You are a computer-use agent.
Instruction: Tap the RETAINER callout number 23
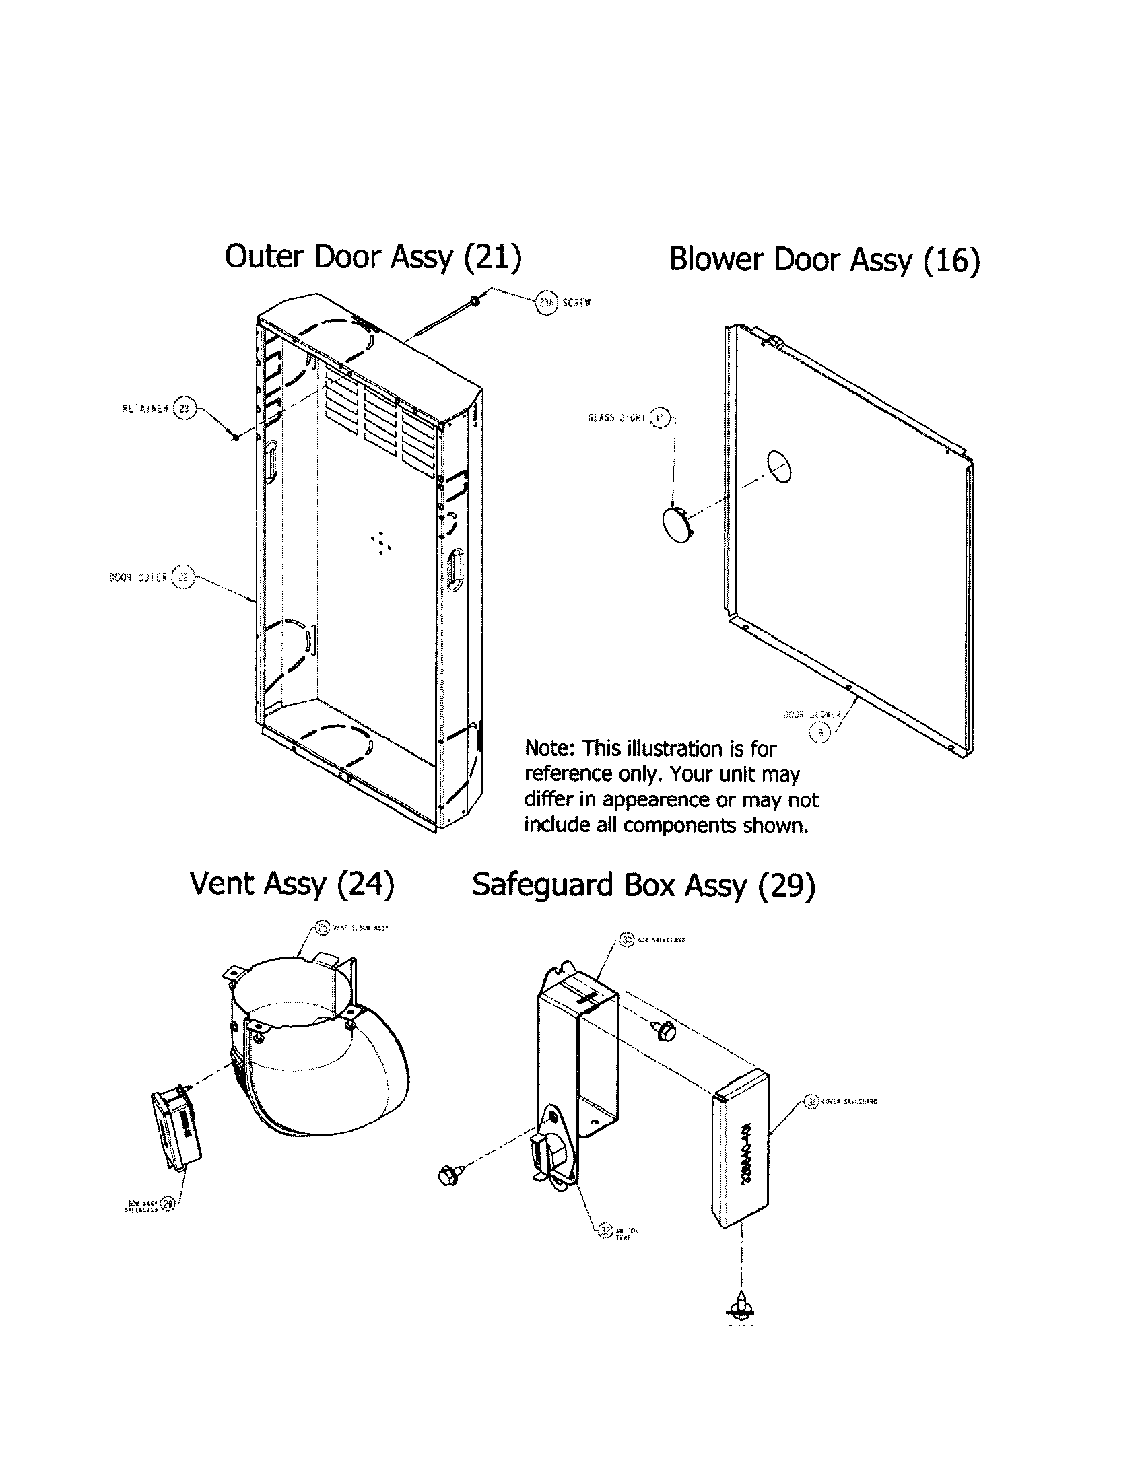pyautogui.click(x=184, y=409)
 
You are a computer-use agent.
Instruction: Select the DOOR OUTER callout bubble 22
pyautogui.click(x=182, y=578)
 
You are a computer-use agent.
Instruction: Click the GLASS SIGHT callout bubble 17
pyautogui.click(x=660, y=418)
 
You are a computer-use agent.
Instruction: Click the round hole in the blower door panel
pyautogui.click(x=779, y=467)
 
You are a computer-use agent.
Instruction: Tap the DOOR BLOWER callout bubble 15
pyautogui.click(x=820, y=732)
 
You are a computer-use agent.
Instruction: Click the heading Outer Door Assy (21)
pyautogui.click(x=373, y=258)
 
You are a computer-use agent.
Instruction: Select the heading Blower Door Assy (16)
pyautogui.click(x=824, y=260)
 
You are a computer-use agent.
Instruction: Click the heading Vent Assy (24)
pyautogui.click(x=292, y=885)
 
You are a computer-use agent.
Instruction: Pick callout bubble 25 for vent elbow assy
pyautogui.click(x=323, y=928)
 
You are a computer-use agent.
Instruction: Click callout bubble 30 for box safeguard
pyautogui.click(x=627, y=940)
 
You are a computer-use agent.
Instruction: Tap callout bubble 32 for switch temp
pyautogui.click(x=605, y=1230)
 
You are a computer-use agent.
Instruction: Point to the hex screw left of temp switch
pyautogui.click(x=450, y=1174)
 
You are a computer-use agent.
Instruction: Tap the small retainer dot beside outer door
pyautogui.click(x=234, y=438)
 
